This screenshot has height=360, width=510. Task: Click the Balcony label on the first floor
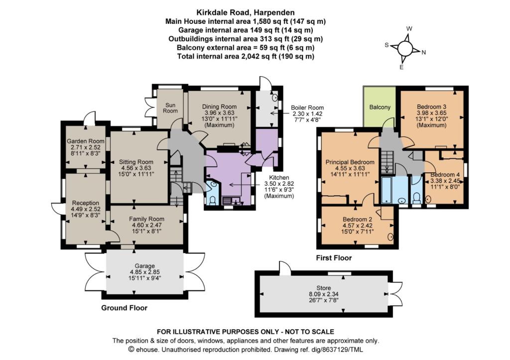[x=380, y=107]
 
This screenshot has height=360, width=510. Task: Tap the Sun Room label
[x=170, y=108]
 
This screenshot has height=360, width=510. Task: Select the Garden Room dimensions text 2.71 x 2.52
[x=86, y=147]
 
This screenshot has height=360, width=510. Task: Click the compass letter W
[x=409, y=28]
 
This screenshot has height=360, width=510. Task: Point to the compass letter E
[x=401, y=67]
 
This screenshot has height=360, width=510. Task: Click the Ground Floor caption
[x=124, y=308]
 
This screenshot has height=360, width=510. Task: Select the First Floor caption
[x=334, y=258]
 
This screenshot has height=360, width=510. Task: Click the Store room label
[x=324, y=288]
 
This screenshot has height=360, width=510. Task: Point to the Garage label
[x=145, y=266]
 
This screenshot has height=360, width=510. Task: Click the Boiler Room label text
[x=307, y=108]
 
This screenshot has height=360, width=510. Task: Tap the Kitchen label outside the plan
[x=279, y=178]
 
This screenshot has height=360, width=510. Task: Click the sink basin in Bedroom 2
[x=390, y=237]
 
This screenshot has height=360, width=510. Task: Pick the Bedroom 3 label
[x=432, y=107]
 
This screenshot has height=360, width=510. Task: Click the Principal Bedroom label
[x=350, y=162]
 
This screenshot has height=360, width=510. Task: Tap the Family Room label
[x=146, y=219]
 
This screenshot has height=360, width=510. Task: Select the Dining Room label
[x=219, y=107]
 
